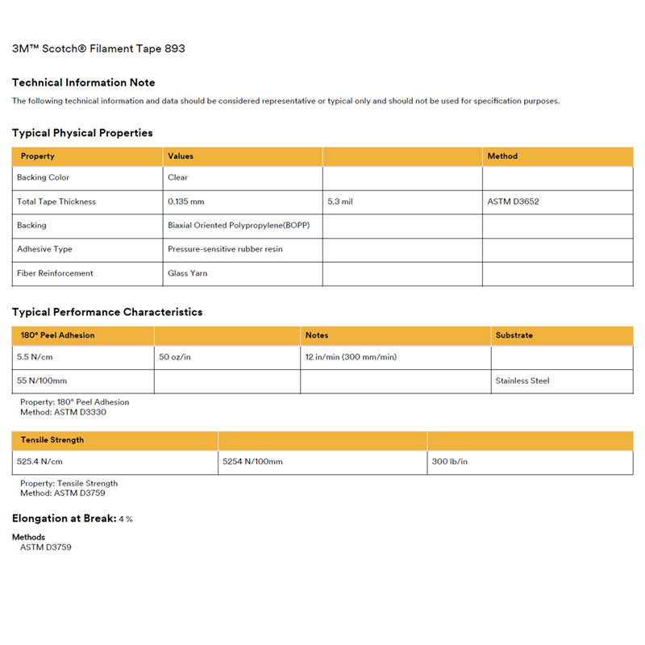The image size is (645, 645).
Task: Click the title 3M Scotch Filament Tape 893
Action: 98,48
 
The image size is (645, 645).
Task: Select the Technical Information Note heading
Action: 84,82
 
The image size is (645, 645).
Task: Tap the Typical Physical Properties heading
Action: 82,133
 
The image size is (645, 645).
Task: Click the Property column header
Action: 38,156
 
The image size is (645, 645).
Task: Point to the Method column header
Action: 502,156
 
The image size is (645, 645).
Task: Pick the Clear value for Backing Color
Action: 177,177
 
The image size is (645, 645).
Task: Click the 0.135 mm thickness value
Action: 186,202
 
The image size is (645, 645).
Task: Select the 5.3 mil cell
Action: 340,202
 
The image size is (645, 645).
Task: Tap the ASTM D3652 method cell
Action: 514,202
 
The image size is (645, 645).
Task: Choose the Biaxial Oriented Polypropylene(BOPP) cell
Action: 239,226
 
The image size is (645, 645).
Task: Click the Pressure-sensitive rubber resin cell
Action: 225,249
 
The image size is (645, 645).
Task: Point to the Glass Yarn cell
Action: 187,273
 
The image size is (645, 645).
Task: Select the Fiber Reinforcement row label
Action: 55,273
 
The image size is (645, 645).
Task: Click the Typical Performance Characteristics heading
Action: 107,312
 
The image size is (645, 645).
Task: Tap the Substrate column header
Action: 514,335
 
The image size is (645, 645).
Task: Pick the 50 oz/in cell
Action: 175,356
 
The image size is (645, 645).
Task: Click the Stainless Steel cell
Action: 522,381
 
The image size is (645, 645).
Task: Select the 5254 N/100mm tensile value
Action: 253,463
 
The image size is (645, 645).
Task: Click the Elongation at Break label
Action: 64,518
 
